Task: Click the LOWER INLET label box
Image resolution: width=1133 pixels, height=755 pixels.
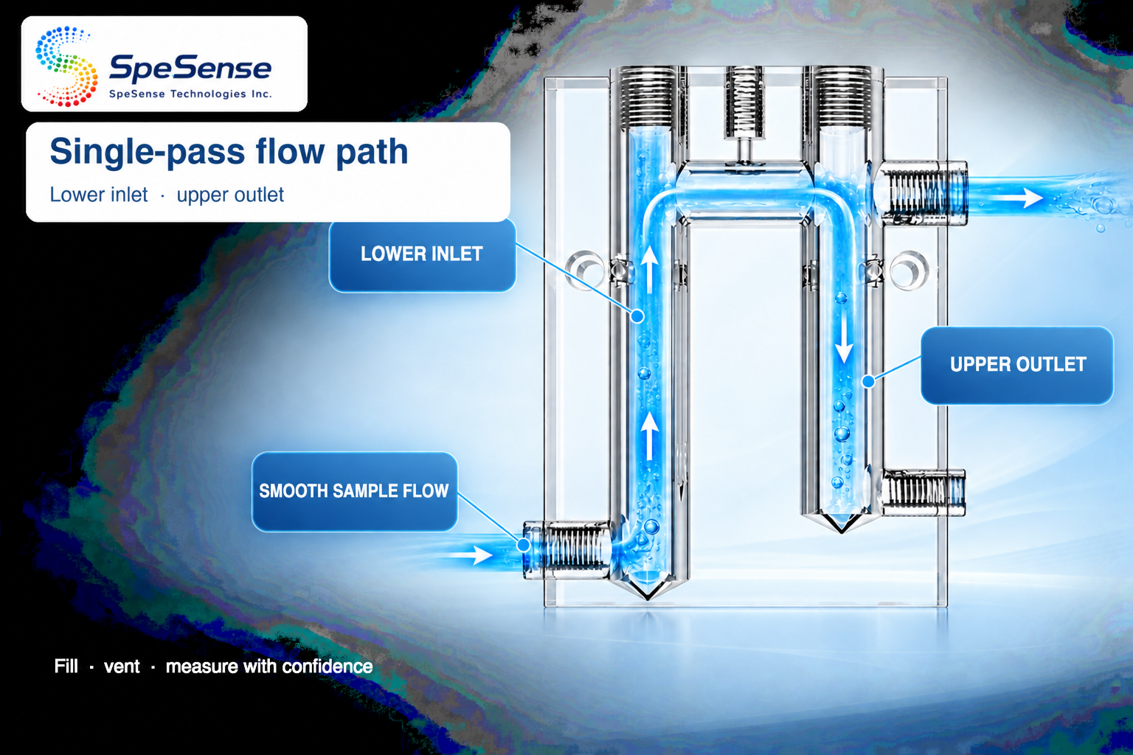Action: click(423, 255)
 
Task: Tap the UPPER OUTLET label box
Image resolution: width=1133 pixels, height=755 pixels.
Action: click(1017, 365)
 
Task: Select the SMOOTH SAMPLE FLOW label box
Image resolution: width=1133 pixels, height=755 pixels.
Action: click(355, 492)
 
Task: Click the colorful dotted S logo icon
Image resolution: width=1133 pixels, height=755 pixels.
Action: click(66, 66)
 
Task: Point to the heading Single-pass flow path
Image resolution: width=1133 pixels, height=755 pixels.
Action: click(229, 151)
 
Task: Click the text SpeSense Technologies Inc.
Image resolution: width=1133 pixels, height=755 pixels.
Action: click(190, 94)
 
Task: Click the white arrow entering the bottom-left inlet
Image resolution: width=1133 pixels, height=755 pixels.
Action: click(470, 554)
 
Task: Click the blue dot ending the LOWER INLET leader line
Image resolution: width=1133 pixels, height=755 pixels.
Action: click(637, 316)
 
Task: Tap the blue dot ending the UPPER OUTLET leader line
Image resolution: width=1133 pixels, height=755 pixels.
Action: click(868, 380)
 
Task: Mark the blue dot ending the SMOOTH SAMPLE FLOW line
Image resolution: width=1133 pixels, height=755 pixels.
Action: click(524, 545)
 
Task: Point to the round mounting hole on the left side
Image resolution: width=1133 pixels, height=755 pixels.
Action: click(585, 270)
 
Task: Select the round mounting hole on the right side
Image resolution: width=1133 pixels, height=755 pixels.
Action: click(909, 270)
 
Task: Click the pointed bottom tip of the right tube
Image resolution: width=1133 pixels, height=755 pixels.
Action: click(842, 532)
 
